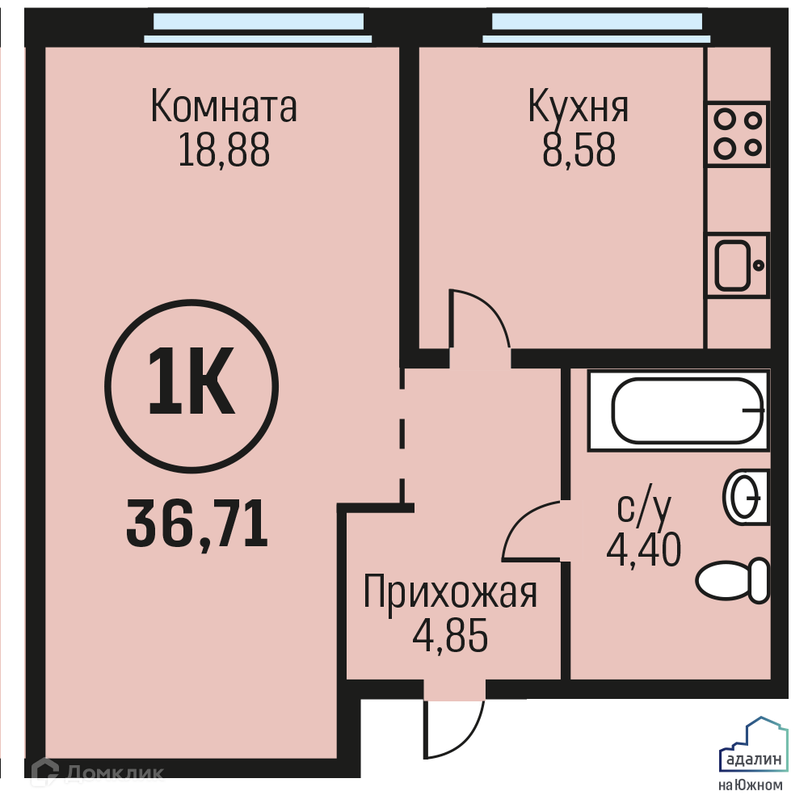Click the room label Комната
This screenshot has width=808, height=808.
coord(224,106)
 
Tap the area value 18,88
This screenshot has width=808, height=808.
coord(224,150)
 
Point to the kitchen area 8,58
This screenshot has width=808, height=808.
coord(579,150)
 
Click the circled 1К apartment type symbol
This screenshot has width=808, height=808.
coord(191,386)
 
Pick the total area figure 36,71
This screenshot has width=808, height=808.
coord(197,524)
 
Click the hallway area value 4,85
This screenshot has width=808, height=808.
coord(450,635)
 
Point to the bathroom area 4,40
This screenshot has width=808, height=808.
coord(644,549)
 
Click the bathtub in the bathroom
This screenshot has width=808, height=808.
coord(679,410)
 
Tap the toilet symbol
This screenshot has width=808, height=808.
coord(732,579)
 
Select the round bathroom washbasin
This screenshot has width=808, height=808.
coord(746,497)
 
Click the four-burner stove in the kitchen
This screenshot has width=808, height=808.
coord(738,134)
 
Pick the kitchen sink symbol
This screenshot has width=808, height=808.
coord(738,265)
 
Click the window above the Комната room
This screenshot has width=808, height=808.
coord(259,27)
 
